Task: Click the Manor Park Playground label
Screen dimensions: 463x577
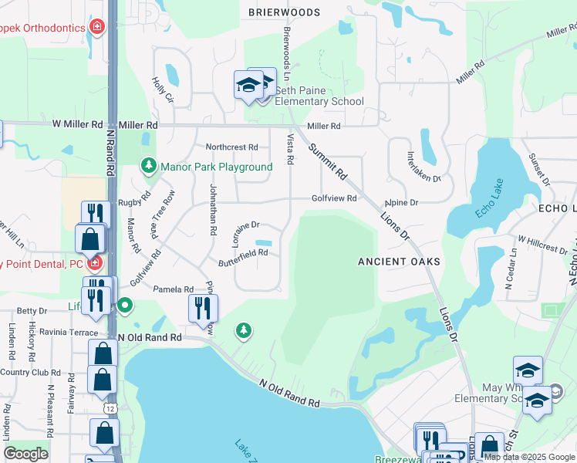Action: click(x=216, y=167)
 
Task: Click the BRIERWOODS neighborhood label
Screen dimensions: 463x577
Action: click(x=285, y=12)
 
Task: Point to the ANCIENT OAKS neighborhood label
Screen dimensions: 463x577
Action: click(x=399, y=262)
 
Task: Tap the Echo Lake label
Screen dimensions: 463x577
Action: click(x=490, y=200)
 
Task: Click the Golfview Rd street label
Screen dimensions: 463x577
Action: click(x=333, y=198)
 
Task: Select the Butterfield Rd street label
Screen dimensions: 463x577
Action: click(x=242, y=252)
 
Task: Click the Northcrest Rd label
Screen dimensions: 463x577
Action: click(x=231, y=147)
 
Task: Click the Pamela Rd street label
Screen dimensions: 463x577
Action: click(x=173, y=289)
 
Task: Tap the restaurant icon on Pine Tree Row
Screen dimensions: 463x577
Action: click(x=203, y=308)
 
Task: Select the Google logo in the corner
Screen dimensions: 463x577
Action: click(x=26, y=454)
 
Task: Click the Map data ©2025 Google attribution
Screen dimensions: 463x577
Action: click(x=529, y=457)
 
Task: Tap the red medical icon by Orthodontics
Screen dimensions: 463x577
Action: click(x=97, y=28)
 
